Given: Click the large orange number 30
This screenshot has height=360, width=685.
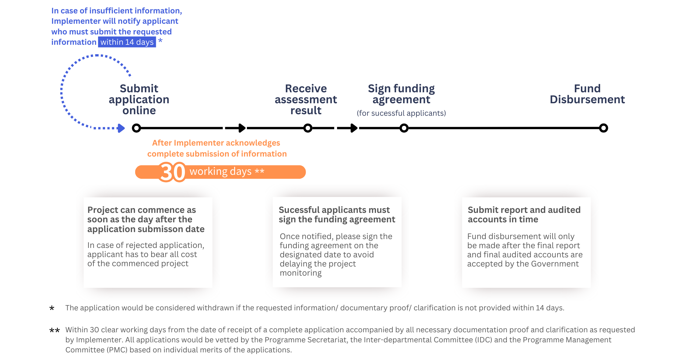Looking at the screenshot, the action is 173,172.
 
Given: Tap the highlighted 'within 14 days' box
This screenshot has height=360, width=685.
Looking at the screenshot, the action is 127,42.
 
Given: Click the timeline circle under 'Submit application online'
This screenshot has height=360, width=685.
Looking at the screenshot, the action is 136,128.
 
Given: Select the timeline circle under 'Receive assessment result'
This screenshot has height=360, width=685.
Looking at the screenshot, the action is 308,128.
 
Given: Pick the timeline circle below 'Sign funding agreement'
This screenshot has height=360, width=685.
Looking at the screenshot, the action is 404,128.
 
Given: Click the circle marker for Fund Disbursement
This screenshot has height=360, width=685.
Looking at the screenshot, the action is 603,128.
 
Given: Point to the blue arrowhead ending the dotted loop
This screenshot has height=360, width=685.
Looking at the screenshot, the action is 121,128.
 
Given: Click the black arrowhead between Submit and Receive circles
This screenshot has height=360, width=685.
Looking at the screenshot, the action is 242,128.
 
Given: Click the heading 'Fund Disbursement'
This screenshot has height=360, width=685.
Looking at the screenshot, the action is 587,94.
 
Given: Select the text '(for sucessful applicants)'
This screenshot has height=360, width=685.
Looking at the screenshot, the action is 401,113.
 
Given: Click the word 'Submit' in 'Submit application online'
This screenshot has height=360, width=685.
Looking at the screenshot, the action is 139,88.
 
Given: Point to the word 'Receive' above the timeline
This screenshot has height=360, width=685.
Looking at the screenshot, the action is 306,88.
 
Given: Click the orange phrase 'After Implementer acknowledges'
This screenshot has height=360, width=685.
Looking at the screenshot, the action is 216,143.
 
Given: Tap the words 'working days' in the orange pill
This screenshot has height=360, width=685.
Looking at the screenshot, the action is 220,171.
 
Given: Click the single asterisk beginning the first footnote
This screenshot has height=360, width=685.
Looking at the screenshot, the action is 52,308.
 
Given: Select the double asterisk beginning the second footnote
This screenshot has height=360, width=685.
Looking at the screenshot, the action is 54,330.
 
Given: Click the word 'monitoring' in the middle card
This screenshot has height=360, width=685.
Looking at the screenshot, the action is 300,273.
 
